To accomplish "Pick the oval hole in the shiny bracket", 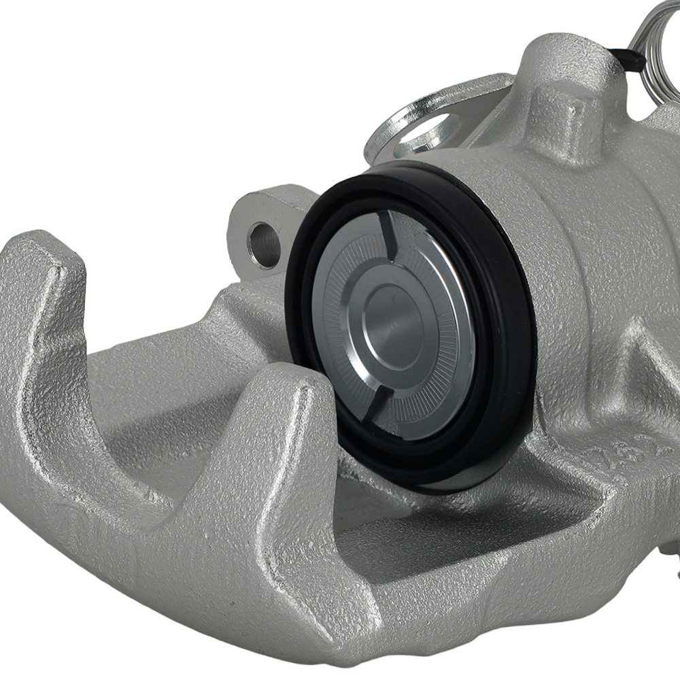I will click(x=426, y=129).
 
